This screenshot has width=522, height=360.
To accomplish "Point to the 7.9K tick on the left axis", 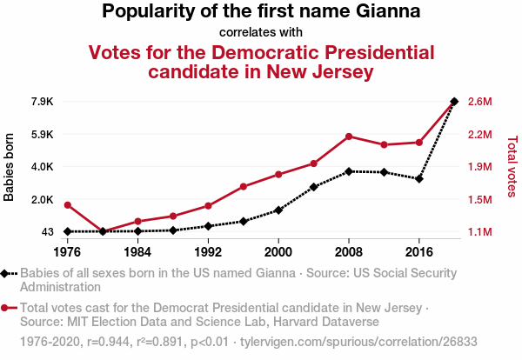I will pyautogui.click(x=42, y=102).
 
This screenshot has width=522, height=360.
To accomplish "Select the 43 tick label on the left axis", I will pyautogui.click(x=47, y=232).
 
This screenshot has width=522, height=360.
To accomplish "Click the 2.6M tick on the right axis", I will pyautogui.click(x=480, y=102).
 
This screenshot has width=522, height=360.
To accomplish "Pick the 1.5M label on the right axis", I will pyautogui.click(x=480, y=200).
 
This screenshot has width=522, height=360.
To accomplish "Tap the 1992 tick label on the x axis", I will pyautogui.click(x=208, y=252).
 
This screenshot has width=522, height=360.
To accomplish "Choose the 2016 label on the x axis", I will pyautogui.click(x=419, y=252).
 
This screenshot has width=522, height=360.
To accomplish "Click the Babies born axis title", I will pyautogui.click(x=10, y=167).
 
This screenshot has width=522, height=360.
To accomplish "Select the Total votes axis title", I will pyautogui.click(x=512, y=166).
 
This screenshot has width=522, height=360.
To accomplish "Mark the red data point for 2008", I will pyautogui.click(x=349, y=137).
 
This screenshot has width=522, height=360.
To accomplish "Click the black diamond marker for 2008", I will pyautogui.click(x=349, y=171).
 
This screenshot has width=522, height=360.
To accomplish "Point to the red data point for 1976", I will pyautogui.click(x=67, y=205).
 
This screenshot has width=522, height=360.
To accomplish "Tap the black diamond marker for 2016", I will pyautogui.click(x=419, y=179).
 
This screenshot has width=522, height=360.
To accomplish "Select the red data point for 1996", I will pyautogui.click(x=244, y=187).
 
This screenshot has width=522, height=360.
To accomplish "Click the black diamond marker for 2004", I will pyautogui.click(x=314, y=187).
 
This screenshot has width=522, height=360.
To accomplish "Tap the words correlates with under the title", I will pyautogui.click(x=261, y=33).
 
